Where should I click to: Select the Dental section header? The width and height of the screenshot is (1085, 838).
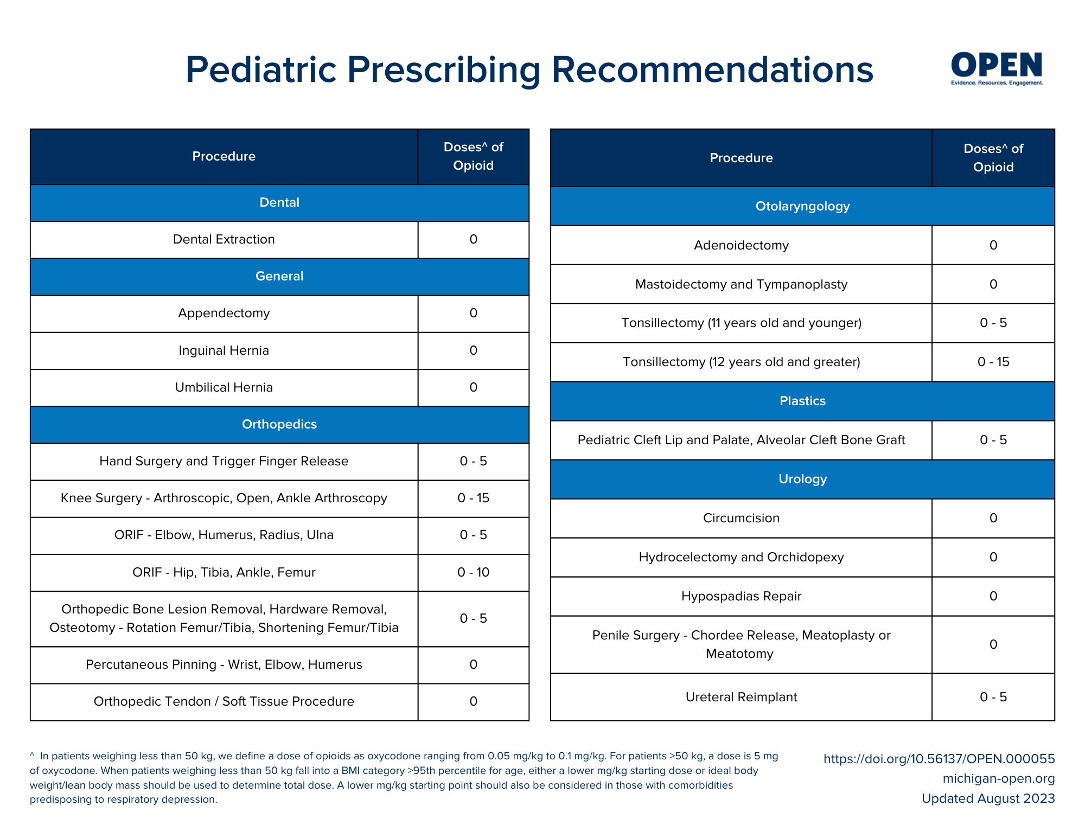pyautogui.click(x=279, y=203)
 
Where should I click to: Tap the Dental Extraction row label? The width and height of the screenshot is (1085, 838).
pyautogui.click(x=224, y=240)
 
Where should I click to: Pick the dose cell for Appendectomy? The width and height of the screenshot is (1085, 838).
pyautogui.click(x=473, y=314)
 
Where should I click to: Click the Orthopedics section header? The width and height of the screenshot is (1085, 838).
pyautogui.click(x=279, y=425)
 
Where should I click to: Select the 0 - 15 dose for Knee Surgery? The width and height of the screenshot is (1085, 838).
pyautogui.click(x=473, y=498)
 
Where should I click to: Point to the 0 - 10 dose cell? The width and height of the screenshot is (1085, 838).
pyautogui.click(x=473, y=573)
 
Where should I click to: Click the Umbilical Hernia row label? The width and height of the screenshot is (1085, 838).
pyautogui.click(x=224, y=388)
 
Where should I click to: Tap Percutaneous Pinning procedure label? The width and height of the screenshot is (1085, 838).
pyautogui.click(x=224, y=665)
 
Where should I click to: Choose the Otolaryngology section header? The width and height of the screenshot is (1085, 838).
pyautogui.click(x=802, y=207)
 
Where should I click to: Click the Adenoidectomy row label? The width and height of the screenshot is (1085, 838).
pyautogui.click(x=741, y=246)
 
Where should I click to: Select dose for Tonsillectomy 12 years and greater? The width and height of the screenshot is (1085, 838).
pyautogui.click(x=993, y=362)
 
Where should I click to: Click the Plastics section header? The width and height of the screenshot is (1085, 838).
pyautogui.click(x=802, y=401)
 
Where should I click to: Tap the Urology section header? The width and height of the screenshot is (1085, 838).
pyautogui.click(x=802, y=479)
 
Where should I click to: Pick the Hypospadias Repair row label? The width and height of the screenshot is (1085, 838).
pyautogui.click(x=741, y=597)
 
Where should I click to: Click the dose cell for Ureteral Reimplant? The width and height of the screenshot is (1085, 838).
pyautogui.click(x=993, y=698)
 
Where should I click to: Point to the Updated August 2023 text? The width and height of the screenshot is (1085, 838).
pyautogui.click(x=988, y=799)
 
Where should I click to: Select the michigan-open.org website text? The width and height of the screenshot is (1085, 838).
pyautogui.click(x=998, y=779)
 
